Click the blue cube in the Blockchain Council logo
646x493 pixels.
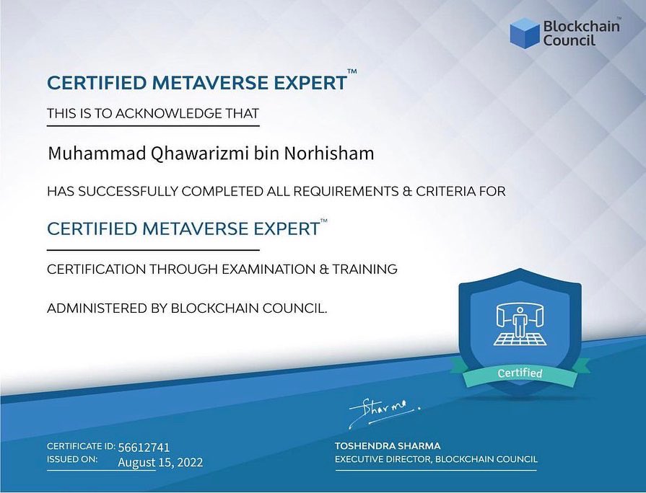click(x=525, y=33)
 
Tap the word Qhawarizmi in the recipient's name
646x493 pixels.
click(x=175, y=154)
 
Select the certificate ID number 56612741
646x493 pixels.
click(x=144, y=447)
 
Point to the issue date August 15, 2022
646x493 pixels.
click(x=160, y=462)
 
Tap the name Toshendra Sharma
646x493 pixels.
click(x=388, y=446)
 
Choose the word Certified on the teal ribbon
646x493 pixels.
click(x=520, y=373)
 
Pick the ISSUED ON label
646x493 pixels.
click(x=72, y=459)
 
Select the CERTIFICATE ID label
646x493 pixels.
click(x=80, y=446)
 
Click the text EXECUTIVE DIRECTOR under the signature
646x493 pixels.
click(x=383, y=459)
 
